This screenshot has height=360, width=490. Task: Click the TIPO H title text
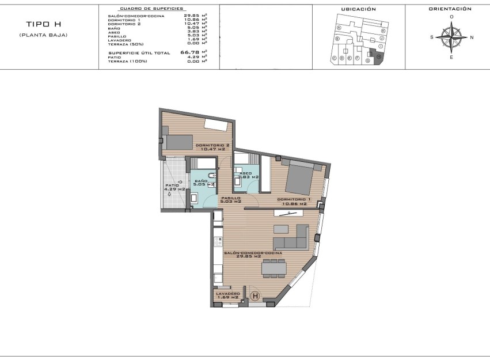coord(43,25)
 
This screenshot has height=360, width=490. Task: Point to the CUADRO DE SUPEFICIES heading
coord(151,9)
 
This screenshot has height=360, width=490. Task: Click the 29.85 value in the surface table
coord(191,16)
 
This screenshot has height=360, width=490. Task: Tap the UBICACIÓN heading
coord(358,9)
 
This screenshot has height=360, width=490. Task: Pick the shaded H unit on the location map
coord(379,56)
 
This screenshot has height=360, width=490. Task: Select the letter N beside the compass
coord(472,37)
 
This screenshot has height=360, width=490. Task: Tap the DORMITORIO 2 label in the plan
coord(212,145)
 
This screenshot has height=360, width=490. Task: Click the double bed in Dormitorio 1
coord(301,177)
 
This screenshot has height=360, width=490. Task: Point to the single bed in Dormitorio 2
coord(179,142)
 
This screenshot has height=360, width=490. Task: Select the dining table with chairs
coord(274,268)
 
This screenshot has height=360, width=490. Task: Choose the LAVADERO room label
coord(228,293)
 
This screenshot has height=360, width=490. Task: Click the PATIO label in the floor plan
coord(172,185)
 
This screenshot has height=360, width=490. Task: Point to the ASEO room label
coord(245,173)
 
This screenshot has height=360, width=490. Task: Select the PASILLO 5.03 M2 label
coord(231,199)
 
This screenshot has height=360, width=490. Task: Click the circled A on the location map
coord(339,28)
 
